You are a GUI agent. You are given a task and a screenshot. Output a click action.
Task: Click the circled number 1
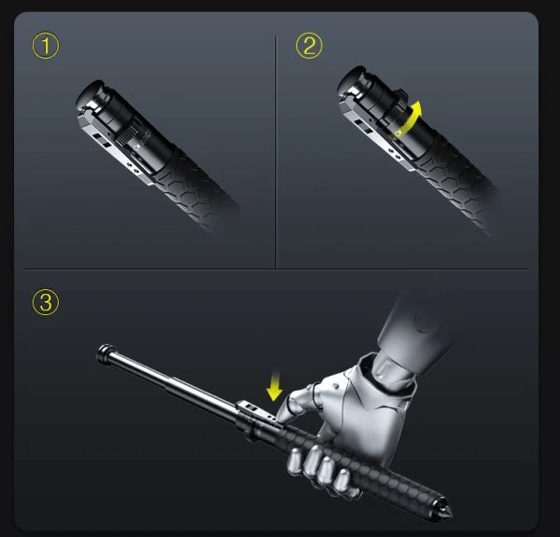(45, 46)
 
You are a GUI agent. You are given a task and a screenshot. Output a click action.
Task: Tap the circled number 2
(309, 46)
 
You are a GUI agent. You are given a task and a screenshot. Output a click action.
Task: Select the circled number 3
(45, 302)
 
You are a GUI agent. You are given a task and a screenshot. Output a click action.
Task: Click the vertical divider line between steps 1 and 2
(276, 149)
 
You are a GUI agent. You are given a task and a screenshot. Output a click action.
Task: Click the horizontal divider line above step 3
(280, 269)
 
